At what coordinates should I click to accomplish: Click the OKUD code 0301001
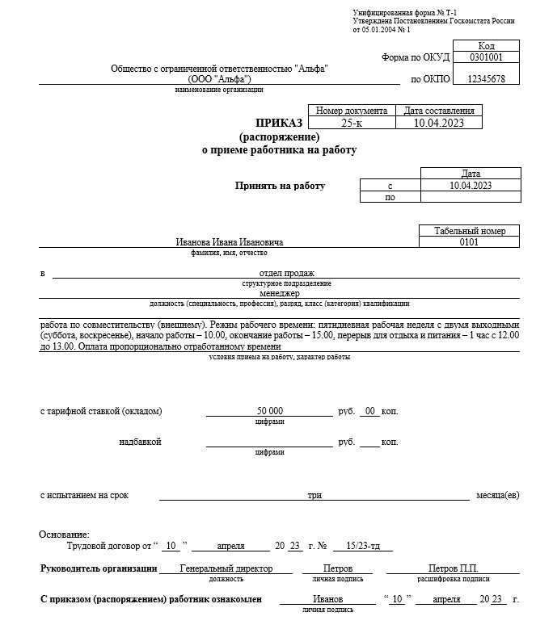point(486,58)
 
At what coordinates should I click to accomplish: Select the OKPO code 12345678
point(486,79)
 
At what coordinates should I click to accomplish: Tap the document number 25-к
point(351,124)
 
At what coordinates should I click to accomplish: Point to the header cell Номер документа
point(351,111)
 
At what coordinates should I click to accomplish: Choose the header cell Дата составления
point(438,111)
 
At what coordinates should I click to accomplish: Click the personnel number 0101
point(469,242)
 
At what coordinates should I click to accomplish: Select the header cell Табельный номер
point(469,231)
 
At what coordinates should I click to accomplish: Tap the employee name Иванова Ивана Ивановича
point(230,242)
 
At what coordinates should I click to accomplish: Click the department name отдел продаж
point(286,273)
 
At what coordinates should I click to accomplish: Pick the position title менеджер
point(280,293)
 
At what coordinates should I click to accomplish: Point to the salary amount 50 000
point(269,411)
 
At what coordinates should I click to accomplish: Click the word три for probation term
point(314,495)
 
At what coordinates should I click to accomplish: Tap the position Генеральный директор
point(226,568)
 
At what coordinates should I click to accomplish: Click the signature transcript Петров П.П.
point(454,568)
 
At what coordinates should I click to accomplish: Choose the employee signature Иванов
point(327,599)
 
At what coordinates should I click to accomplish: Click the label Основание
point(64,535)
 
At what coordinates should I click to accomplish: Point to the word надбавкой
point(140,442)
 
